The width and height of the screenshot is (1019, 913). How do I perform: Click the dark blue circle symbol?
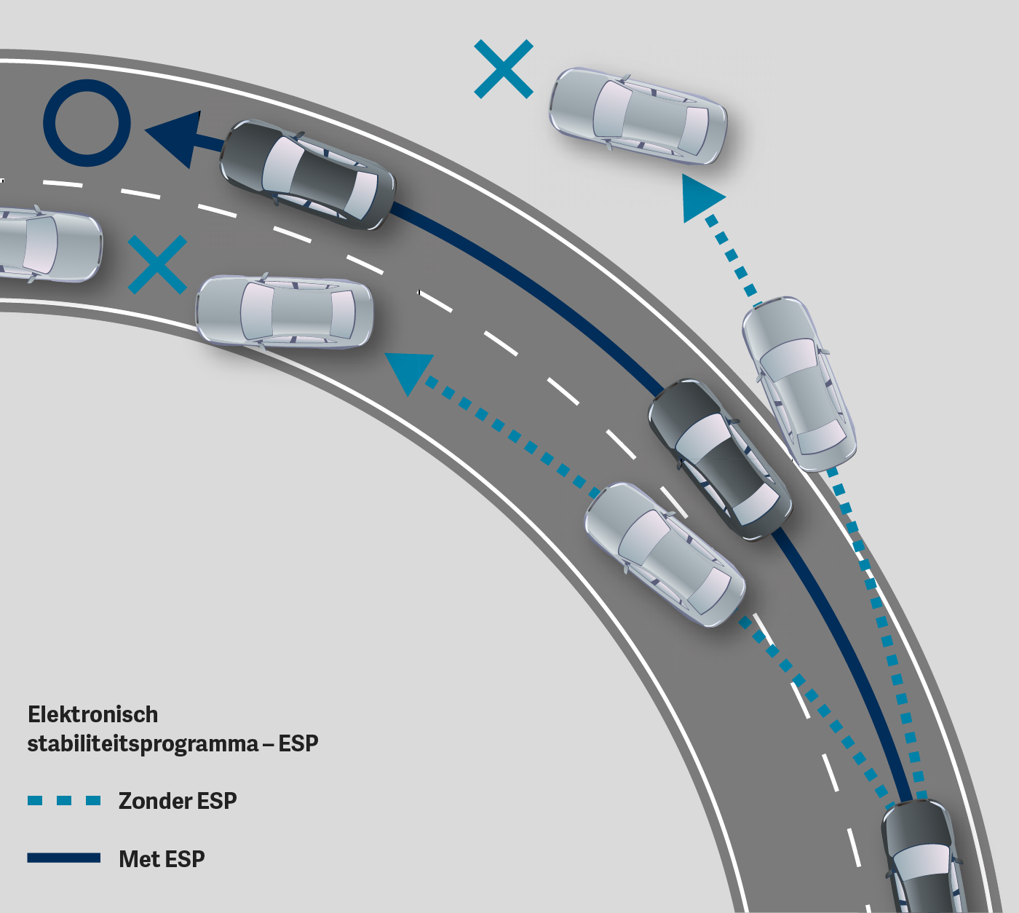pos(87,122)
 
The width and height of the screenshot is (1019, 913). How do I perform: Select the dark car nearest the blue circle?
pos(308,175)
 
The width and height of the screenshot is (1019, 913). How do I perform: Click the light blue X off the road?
pos(504,69)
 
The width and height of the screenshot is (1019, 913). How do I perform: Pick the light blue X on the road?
pos(157,265)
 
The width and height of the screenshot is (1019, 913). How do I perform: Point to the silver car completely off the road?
pos(638,116)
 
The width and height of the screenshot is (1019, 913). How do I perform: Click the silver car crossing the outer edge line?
pos(798,383)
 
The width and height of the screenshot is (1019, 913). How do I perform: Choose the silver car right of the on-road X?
pos(285,312)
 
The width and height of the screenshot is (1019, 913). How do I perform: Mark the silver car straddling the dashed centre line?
pos(665,554)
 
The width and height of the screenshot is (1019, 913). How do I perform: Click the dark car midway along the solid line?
pos(719,459)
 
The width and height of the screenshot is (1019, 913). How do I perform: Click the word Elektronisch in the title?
pos(92,714)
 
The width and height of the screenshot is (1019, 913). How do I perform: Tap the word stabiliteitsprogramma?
pos(143,744)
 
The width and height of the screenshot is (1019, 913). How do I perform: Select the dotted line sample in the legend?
pos(64,801)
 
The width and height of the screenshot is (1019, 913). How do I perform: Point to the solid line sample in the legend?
pos(64,858)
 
